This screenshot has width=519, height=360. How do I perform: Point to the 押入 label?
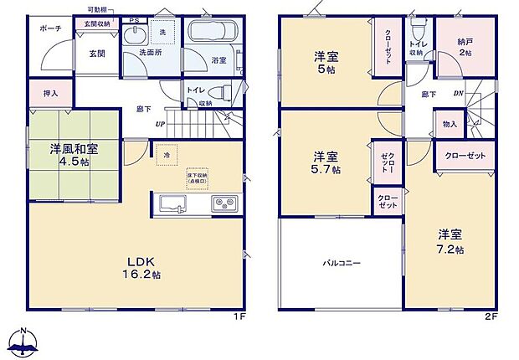coord(50,92)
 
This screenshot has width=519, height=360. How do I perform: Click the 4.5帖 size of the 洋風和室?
coord(74,163)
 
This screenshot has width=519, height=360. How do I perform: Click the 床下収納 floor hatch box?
coord(198,178)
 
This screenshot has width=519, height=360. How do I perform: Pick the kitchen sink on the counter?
coord(172,203)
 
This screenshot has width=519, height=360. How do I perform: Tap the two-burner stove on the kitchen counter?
coord(224,203)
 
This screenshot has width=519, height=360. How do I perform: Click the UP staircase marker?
coord(158,126)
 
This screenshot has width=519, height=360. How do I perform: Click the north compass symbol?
coord(25,342)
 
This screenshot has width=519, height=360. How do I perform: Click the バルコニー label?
coord(342,262)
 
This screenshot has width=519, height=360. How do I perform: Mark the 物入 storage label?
coord(450,124)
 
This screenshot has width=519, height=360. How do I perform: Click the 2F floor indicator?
coord(490,319)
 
